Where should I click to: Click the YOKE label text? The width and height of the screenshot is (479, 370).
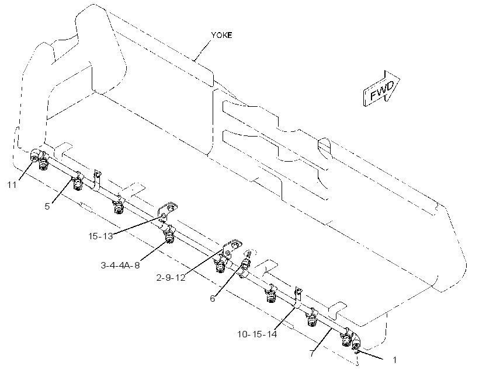221,35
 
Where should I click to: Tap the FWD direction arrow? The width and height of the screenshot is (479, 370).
381,89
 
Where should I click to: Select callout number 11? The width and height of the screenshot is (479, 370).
12,184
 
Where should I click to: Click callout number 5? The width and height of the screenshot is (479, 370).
47,207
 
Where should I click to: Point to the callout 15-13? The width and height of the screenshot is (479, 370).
101,236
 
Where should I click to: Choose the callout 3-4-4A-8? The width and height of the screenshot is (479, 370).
120,265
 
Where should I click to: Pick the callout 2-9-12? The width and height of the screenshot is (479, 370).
171,278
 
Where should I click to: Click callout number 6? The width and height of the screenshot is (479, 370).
213,298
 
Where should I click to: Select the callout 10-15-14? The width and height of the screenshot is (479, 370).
257,334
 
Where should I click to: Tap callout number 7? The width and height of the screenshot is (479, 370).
311,354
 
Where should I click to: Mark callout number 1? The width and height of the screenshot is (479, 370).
394,360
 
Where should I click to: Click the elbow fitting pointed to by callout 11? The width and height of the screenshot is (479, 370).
35,155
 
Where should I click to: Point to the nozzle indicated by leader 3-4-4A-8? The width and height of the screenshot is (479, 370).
169,236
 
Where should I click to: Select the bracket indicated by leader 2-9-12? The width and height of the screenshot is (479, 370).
231,248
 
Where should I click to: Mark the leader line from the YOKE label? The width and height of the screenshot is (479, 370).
202,50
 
